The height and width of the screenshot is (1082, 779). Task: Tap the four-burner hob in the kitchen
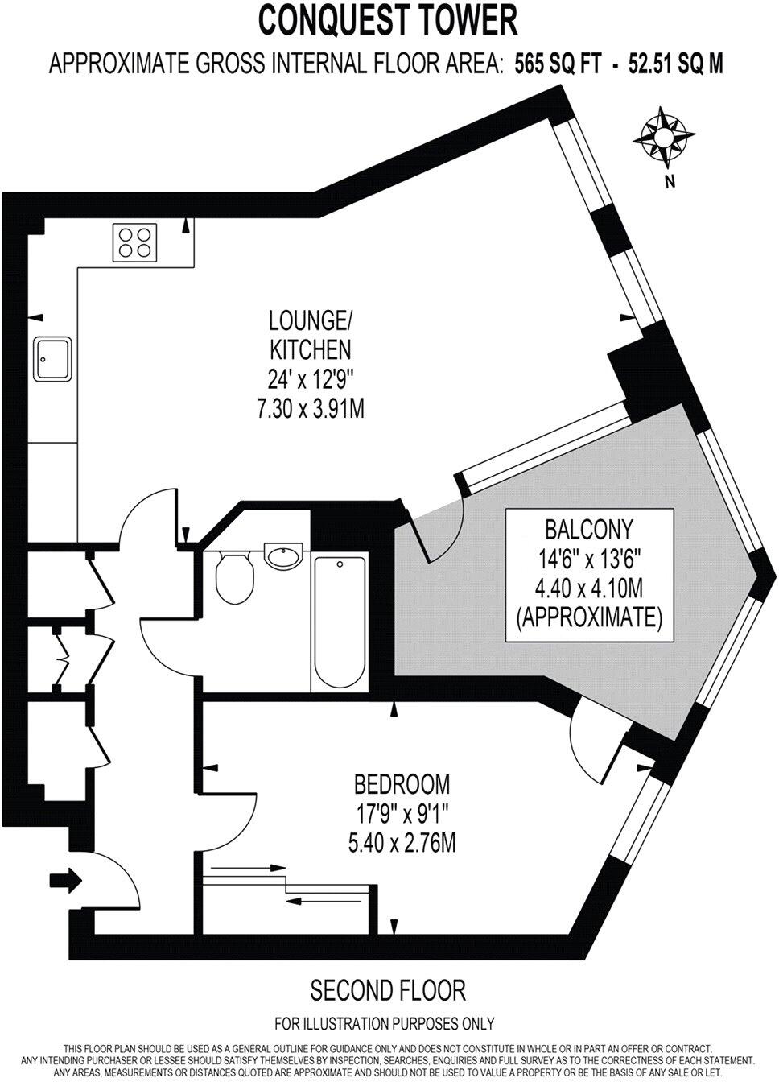click(x=134, y=242)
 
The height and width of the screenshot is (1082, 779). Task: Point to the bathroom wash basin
click(x=282, y=556)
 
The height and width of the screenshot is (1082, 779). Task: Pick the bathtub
click(x=339, y=620)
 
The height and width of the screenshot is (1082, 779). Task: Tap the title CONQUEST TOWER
click(x=387, y=20)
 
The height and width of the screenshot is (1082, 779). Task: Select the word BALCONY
click(x=589, y=529)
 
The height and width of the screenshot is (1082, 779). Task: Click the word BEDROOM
click(x=402, y=783)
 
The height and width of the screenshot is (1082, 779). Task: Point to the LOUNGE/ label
click(x=310, y=320)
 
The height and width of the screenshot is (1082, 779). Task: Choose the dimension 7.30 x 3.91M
click(x=310, y=410)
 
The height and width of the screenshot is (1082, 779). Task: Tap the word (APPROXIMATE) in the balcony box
click(x=589, y=617)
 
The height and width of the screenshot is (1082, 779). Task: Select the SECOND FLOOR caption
click(x=387, y=989)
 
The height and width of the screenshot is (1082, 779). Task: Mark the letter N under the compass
click(x=668, y=182)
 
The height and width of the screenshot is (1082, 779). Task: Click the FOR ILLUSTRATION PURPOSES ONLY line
click(x=384, y=1024)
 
